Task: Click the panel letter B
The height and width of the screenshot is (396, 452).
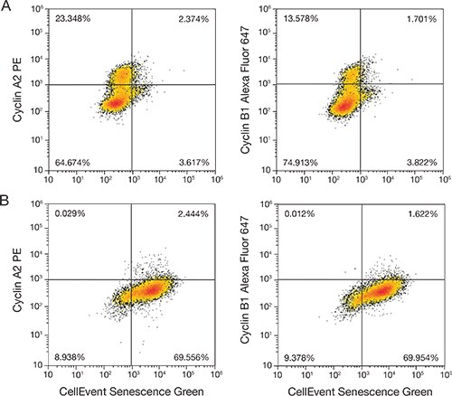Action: (x=5, y=202)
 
